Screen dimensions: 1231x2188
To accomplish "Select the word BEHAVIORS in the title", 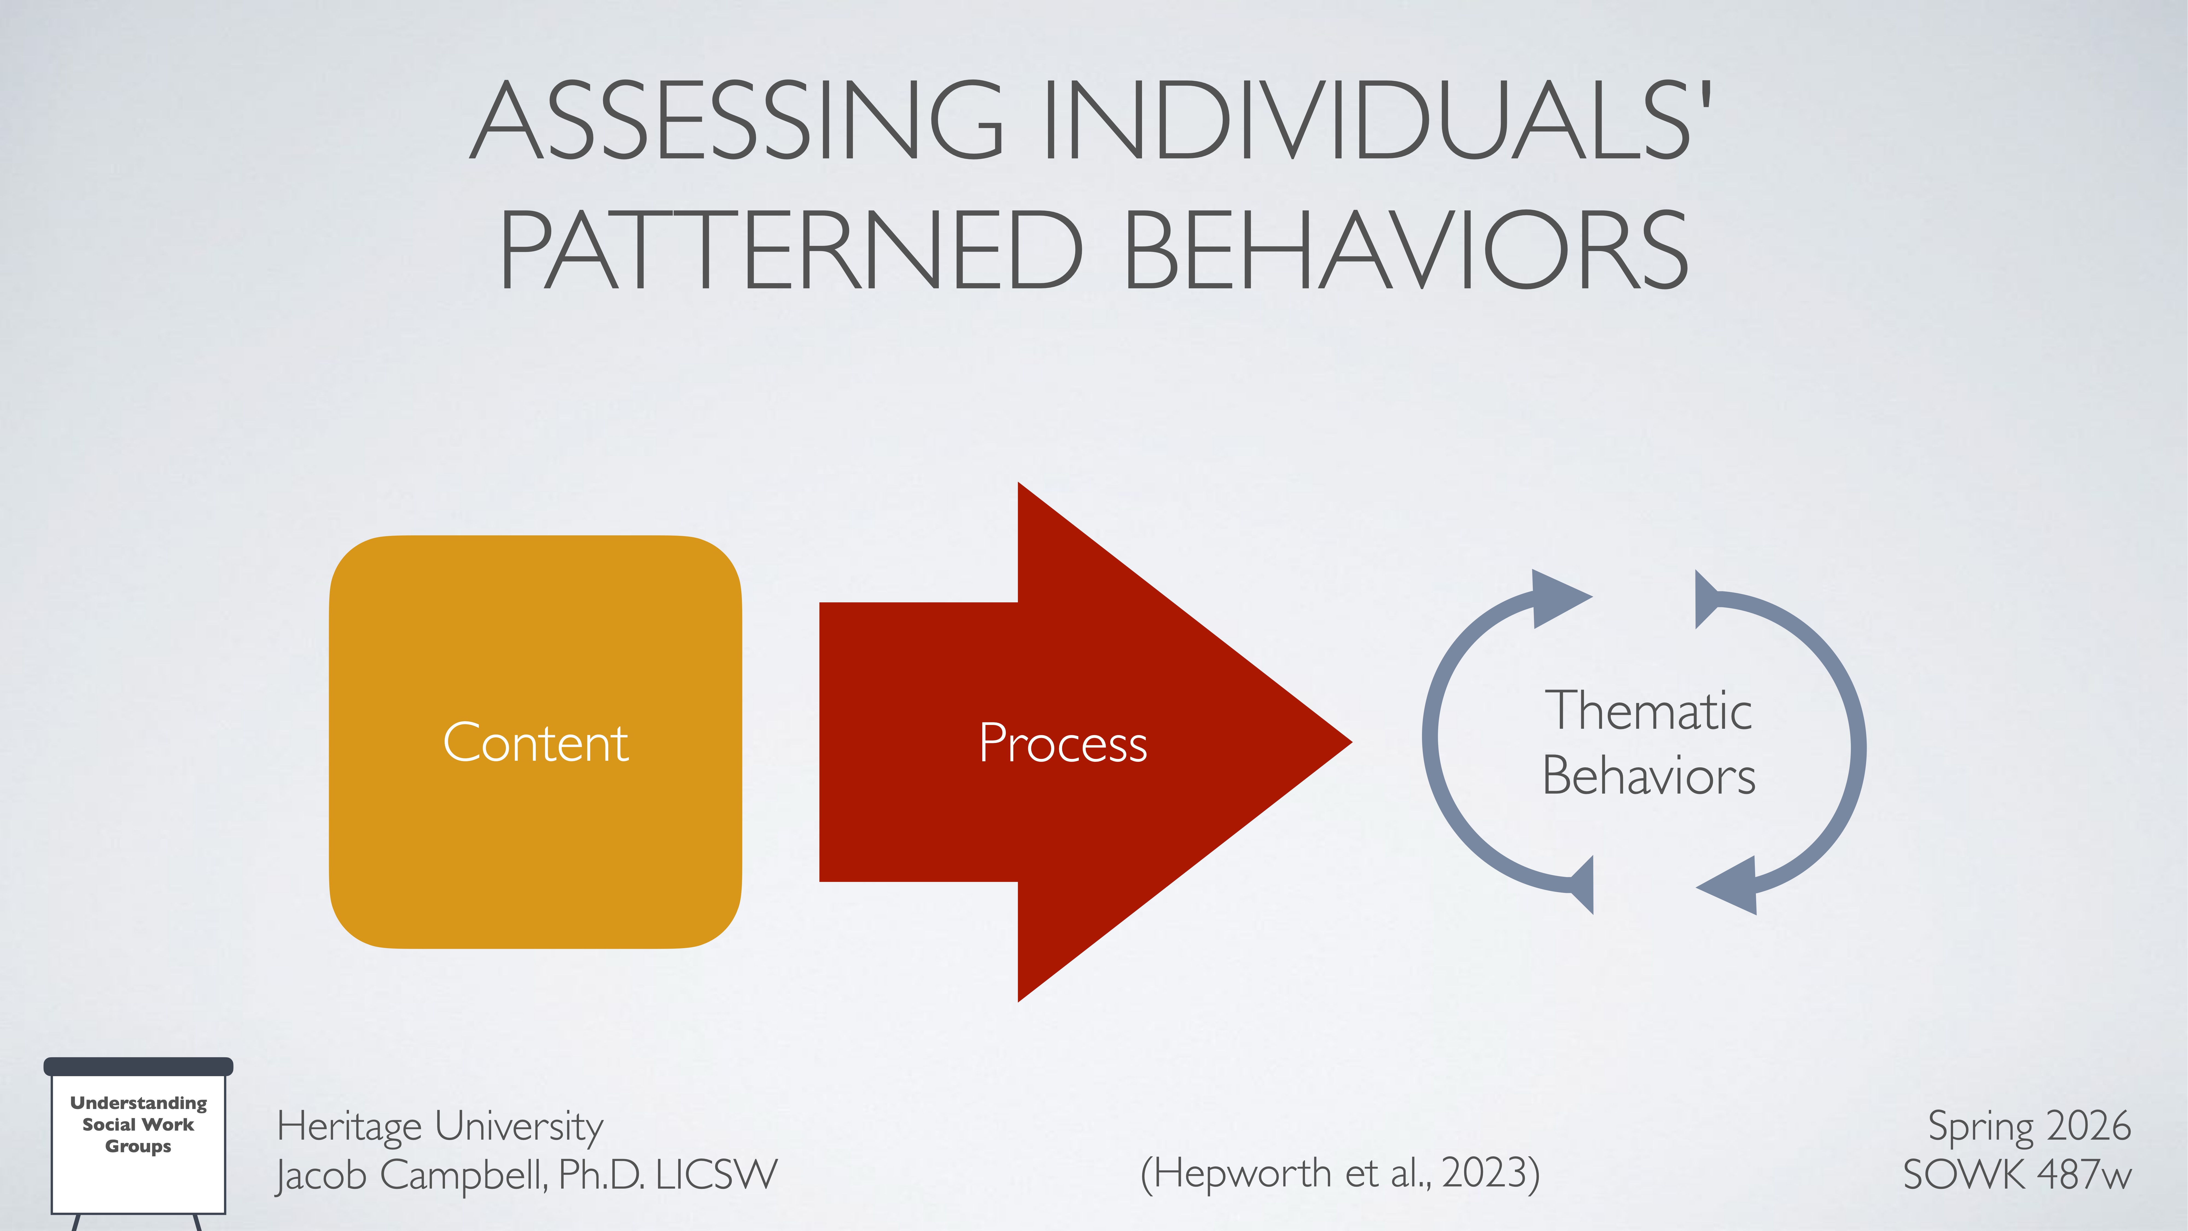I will pyautogui.click(x=1406, y=251).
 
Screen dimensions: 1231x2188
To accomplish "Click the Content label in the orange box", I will pyautogui.click(x=535, y=743).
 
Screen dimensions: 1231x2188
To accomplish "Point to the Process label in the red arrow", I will pyautogui.click(x=1063, y=743).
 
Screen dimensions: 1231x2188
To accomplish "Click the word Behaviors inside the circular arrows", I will pyautogui.click(x=1648, y=776).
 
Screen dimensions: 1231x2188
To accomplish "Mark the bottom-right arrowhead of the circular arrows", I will pyautogui.click(x=1733, y=885).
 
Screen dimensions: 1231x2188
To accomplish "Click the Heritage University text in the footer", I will pyautogui.click(x=440, y=1127).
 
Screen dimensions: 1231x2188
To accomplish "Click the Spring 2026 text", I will pyautogui.click(x=2028, y=1127).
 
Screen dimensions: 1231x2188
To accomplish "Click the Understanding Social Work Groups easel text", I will pyautogui.click(x=138, y=1124).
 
